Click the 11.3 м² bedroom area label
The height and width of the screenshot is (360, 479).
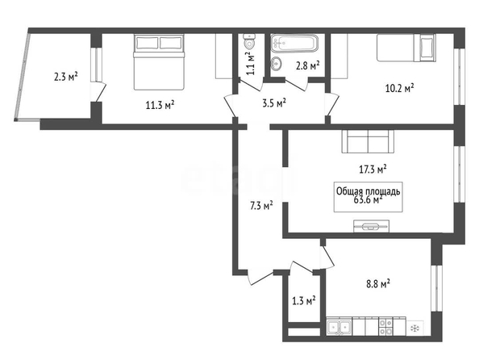pyautogui.click(x=160, y=105)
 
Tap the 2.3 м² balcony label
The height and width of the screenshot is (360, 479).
pyautogui.click(x=66, y=76)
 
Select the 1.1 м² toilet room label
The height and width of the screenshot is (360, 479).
pyautogui.click(x=251, y=64)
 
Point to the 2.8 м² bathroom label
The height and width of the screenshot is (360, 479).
pyautogui.click(x=308, y=65)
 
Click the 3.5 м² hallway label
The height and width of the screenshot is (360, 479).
pyautogui.click(x=274, y=103)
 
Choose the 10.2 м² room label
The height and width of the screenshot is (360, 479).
pyautogui.click(x=400, y=89)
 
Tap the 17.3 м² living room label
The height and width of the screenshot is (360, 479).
pyautogui.click(x=373, y=169)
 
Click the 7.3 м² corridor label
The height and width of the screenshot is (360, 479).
pyautogui.click(x=261, y=206)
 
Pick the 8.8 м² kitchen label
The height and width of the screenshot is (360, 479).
pyautogui.click(x=378, y=284)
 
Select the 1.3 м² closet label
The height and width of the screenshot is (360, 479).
pyautogui.click(x=304, y=301)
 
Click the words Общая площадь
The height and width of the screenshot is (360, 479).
pyautogui.click(x=368, y=191)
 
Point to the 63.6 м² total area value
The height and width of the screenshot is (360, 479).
pyautogui.click(x=368, y=200)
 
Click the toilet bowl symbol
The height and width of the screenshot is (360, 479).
pyautogui.click(x=250, y=42)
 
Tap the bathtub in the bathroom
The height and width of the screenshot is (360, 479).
pyautogui.click(x=294, y=43)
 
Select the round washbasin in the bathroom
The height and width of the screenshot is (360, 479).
pyautogui.click(x=276, y=64)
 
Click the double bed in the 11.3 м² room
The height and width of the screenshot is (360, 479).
pyautogui.click(x=159, y=62)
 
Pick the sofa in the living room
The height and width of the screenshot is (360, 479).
pyautogui.click(x=368, y=141)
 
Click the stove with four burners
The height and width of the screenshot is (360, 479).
pyautogui.click(x=385, y=327)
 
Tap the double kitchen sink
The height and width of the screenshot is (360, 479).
pyautogui.click(x=339, y=327)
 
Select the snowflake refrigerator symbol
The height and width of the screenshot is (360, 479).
pyautogui.click(x=414, y=329)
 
